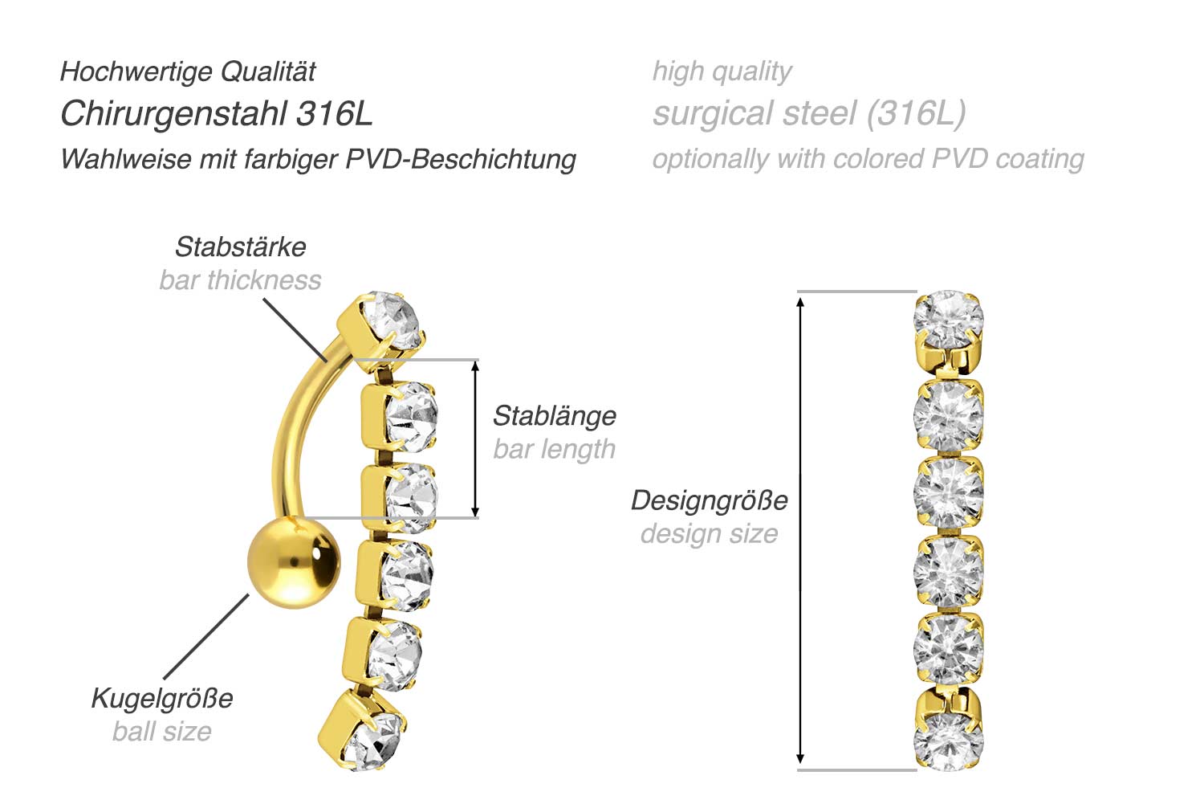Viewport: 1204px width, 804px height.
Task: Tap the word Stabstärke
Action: click(x=240, y=247)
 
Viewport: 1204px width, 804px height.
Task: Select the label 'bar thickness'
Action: click(x=240, y=280)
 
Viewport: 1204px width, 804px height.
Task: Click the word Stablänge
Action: click(x=555, y=416)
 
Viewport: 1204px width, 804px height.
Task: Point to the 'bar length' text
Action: click(x=555, y=449)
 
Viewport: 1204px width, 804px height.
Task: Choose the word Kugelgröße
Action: click(x=162, y=698)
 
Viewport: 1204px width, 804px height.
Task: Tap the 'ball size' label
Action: click(x=162, y=732)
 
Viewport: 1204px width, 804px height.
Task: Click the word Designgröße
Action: click(x=710, y=500)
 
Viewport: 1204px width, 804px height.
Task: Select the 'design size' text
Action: click(x=710, y=533)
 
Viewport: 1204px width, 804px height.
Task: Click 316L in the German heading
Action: click(x=335, y=114)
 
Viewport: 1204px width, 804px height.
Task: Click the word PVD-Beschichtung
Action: click(x=461, y=159)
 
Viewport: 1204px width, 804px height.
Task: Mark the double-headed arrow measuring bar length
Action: click(x=475, y=439)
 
